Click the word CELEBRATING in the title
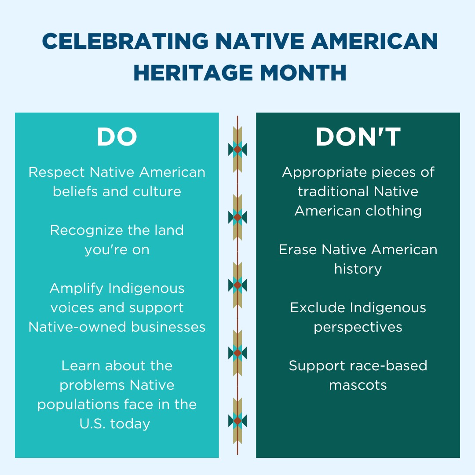pos(125,41)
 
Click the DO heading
pos(117,137)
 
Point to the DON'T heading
pos(358,137)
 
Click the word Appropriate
pos(317,172)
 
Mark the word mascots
pos(358,385)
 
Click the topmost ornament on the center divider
pos(237,150)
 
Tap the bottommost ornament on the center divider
pos(237,421)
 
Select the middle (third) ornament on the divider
pos(237,285)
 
